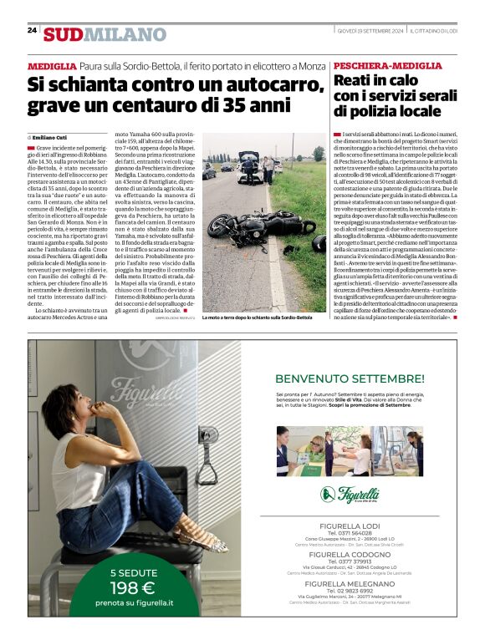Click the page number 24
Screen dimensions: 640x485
point(32,30)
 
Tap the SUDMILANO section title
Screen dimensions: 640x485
point(105,34)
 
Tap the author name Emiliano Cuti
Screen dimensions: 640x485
point(51,136)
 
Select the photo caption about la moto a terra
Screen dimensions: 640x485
point(257,317)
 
